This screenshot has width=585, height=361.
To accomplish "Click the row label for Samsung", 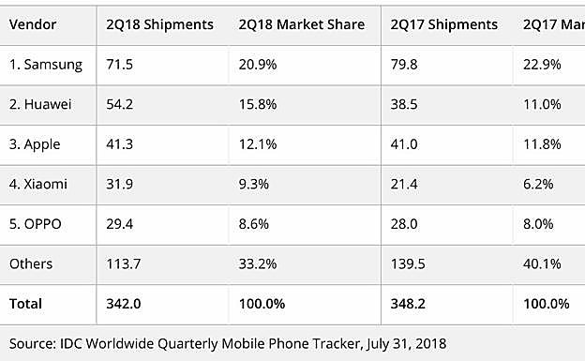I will point(46,65).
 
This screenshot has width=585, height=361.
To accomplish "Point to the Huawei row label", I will point(42,104).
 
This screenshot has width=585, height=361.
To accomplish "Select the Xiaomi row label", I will point(41,184).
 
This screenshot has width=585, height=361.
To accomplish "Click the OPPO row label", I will point(38,224).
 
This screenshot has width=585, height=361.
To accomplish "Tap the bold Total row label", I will point(26,304).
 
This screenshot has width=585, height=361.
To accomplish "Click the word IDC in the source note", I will point(73,342).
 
